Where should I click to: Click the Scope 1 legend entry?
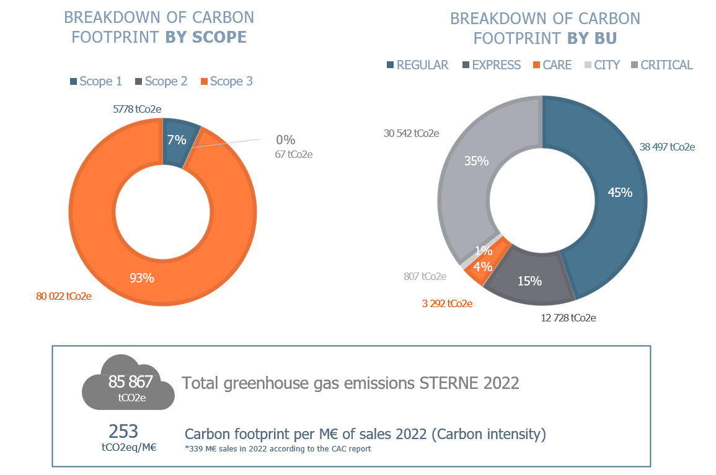coord(96,81)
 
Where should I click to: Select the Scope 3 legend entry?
coord(227,81)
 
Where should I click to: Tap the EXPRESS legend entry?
coord(492,65)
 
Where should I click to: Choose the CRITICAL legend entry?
coord(662,65)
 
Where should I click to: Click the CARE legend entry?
coord(552,65)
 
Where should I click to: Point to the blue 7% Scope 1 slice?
coord(179,141)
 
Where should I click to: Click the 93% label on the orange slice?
coord(141,278)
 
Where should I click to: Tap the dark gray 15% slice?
coord(529,276)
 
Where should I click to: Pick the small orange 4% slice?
coord(484,264)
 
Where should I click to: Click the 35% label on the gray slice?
coord(476,161)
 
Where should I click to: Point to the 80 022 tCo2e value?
coord(64,297)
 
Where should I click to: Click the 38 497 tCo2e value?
coord(667,147)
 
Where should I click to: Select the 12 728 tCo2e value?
coord(568,318)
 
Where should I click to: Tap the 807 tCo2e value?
coord(425,276)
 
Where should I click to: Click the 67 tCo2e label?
coord(294,155)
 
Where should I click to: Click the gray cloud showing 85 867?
coord(128,383)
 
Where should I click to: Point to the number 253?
coord(123,431)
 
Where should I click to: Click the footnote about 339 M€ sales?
coord(278,449)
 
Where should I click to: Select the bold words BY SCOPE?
coord(206,37)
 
